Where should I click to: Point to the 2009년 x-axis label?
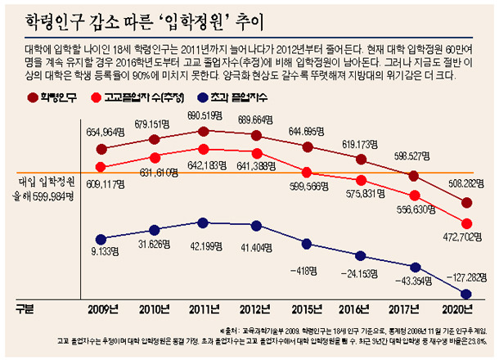click(103, 308)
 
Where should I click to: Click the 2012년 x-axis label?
click(258, 308)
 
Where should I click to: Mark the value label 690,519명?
click(208, 115)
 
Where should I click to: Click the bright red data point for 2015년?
click(307, 172)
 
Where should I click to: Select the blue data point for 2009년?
click(101, 239)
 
